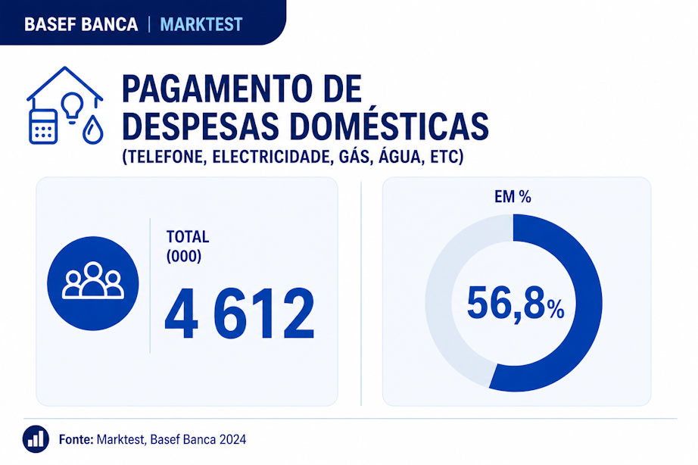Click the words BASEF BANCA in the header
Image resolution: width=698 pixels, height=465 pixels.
click(x=81, y=24)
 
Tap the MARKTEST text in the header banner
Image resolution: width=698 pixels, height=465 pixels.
click(x=201, y=24)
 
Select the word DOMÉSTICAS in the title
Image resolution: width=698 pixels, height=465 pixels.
click(x=390, y=126)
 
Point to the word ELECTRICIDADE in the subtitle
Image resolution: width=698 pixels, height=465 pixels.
click(x=272, y=157)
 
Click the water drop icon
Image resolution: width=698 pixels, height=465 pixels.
click(x=92, y=130)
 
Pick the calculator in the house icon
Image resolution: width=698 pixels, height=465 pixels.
click(x=43, y=126)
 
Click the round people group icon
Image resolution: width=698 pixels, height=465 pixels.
click(x=93, y=283)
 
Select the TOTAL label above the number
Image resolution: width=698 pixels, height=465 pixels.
click(x=188, y=236)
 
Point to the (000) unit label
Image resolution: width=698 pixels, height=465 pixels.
click(x=184, y=256)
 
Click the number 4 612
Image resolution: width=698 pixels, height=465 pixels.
click(x=240, y=314)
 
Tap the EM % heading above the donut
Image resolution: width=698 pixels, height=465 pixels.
click(x=513, y=197)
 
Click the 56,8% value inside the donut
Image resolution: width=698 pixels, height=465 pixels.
click(x=516, y=303)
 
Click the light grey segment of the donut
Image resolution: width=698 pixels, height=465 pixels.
click(x=438, y=303)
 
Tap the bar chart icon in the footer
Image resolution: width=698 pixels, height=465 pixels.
click(x=36, y=439)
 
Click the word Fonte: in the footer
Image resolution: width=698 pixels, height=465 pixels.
click(x=76, y=439)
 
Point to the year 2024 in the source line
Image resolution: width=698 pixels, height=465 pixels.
click(x=232, y=439)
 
